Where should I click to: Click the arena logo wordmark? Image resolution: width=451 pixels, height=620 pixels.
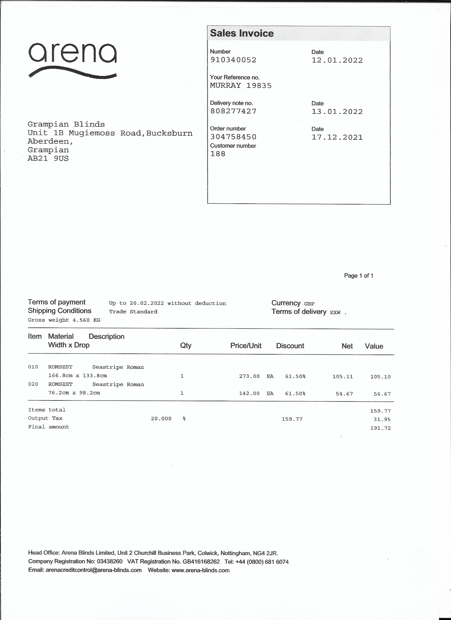click(72, 53)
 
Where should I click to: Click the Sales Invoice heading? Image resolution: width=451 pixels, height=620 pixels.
click(241, 33)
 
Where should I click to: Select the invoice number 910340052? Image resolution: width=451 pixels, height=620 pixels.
click(233, 60)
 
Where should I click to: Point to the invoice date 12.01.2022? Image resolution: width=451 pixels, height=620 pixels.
click(337, 60)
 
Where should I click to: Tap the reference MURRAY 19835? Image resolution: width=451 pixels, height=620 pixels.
click(241, 86)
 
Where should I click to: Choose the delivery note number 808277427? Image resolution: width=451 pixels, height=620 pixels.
click(233, 111)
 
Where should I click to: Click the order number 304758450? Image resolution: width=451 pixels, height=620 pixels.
click(233, 137)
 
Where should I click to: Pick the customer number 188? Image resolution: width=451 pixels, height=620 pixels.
click(218, 154)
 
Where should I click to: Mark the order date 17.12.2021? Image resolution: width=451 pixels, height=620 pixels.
click(337, 137)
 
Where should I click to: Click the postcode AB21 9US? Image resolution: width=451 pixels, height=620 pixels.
click(48, 159)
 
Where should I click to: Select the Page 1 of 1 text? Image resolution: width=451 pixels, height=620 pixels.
click(359, 276)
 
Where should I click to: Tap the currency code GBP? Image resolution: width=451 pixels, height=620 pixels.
click(309, 304)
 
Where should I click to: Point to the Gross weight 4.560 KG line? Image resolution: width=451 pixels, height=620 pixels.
click(64, 320)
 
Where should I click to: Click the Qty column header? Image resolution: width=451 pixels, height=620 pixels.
click(186, 346)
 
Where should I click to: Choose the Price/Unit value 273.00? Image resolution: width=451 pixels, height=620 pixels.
click(249, 377)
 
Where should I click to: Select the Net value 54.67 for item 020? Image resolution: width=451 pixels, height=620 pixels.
click(344, 394)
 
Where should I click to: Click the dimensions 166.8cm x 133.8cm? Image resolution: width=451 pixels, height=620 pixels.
click(77, 376)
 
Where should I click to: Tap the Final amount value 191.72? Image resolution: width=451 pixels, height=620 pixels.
click(380, 428)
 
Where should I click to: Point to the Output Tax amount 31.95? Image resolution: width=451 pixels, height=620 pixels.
click(382, 419)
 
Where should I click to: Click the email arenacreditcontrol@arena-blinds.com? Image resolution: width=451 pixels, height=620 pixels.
click(94, 570)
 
